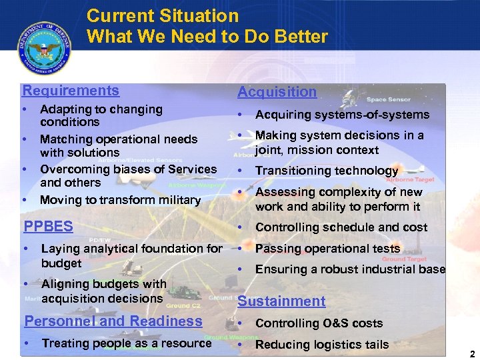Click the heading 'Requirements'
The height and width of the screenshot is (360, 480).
[x=71, y=91]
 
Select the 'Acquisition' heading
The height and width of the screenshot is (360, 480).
[x=277, y=92]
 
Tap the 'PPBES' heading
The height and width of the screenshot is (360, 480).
[x=48, y=226]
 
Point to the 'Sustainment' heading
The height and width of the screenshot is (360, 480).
[x=281, y=301]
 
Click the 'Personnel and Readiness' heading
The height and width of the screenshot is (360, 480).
[x=113, y=321]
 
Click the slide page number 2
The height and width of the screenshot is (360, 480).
[x=472, y=354]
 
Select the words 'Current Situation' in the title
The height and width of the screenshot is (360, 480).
[x=162, y=15]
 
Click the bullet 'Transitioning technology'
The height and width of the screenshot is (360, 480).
[x=326, y=171]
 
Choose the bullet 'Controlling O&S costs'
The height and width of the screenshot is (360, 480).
[x=319, y=323]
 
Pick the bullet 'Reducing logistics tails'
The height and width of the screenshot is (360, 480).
[x=321, y=345]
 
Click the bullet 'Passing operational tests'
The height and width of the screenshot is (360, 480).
[x=327, y=249]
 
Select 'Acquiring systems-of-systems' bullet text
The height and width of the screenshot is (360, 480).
[x=342, y=115]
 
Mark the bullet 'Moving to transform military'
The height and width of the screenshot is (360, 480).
[x=120, y=200]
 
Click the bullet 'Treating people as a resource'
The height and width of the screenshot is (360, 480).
[x=126, y=343]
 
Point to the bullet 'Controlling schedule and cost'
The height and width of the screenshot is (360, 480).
[x=341, y=227]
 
